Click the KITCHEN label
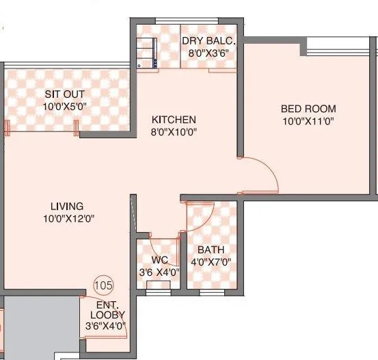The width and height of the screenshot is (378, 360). click(174, 119)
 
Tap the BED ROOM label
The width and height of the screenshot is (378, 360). click(308, 109)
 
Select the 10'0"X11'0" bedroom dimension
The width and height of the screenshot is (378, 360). click(308, 121)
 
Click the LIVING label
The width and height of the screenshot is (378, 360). click(66, 206)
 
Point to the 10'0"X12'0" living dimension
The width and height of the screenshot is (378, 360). click(66, 219)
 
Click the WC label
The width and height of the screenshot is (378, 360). click(160, 260)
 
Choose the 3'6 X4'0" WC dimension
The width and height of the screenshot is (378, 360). click(159, 272)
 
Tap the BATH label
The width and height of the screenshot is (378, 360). click(209, 250)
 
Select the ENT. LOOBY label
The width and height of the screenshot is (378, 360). click(107, 309)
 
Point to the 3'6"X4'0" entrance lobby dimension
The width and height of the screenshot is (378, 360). click(107, 326)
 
